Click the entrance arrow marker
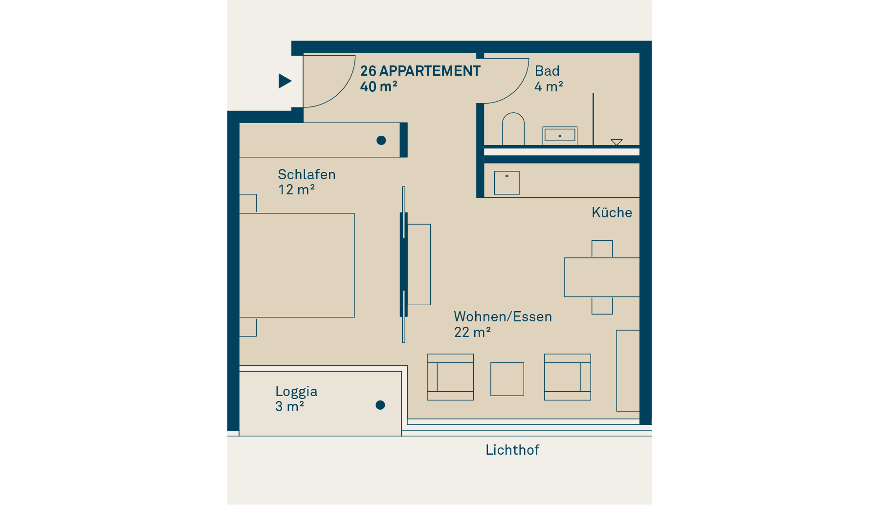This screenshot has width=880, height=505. pyautogui.click(x=285, y=81)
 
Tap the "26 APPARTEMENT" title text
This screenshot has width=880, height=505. pyautogui.click(x=420, y=71)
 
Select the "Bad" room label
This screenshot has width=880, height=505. pyautogui.click(x=547, y=71)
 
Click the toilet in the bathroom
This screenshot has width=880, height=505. pyautogui.click(x=513, y=129)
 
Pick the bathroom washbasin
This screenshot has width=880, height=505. pyautogui.click(x=560, y=135)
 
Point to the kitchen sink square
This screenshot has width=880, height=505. pyautogui.click(x=506, y=183)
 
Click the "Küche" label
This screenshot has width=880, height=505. pyautogui.click(x=612, y=212)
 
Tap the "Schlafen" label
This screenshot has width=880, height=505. pyautogui.click(x=307, y=174)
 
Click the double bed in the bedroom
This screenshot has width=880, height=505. pyautogui.click(x=297, y=265)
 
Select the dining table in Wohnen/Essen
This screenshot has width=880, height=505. pyautogui.click(x=602, y=277)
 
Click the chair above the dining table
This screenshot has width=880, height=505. pyautogui.click(x=602, y=249)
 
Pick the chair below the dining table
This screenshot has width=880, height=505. pyautogui.click(x=602, y=305)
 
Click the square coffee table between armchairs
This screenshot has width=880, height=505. pyautogui.click(x=507, y=379)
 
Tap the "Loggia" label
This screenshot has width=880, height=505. pyautogui.click(x=296, y=392)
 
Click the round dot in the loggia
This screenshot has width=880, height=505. pyautogui.click(x=380, y=405)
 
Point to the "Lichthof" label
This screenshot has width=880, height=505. pyautogui.click(x=512, y=450)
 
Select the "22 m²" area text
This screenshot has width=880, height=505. pyautogui.click(x=472, y=332)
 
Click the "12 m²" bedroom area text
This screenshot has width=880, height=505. pyautogui.click(x=296, y=189)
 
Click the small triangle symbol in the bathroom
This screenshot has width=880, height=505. pyautogui.click(x=616, y=142)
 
